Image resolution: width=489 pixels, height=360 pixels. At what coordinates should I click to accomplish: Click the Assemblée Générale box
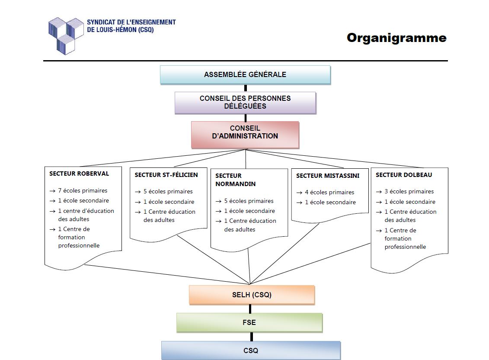245,74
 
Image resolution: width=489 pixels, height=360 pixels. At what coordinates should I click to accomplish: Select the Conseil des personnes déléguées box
245,103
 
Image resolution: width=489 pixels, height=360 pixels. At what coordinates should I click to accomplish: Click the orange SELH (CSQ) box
252,295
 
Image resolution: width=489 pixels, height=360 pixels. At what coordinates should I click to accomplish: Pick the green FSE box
249,322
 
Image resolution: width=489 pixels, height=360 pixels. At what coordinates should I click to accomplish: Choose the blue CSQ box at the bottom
251,350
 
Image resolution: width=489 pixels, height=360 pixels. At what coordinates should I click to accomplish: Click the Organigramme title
396,38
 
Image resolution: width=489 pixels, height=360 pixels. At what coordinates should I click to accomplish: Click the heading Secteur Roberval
79,174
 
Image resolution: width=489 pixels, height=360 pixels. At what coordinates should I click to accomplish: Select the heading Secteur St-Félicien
166,175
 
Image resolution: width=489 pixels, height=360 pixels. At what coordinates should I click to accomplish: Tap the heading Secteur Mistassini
328,176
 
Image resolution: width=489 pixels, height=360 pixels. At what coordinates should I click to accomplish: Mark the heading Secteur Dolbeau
404,175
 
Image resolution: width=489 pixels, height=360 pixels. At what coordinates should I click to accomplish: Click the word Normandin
235,184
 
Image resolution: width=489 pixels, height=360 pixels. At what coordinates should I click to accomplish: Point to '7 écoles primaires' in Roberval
83,190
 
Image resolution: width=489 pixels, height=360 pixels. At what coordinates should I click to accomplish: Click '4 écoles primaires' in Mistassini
329,192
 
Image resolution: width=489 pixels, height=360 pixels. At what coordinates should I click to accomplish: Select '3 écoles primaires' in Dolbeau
409,191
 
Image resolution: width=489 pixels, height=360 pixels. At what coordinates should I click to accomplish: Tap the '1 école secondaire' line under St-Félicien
169,202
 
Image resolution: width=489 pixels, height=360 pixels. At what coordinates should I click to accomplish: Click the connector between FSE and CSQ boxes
251,337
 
